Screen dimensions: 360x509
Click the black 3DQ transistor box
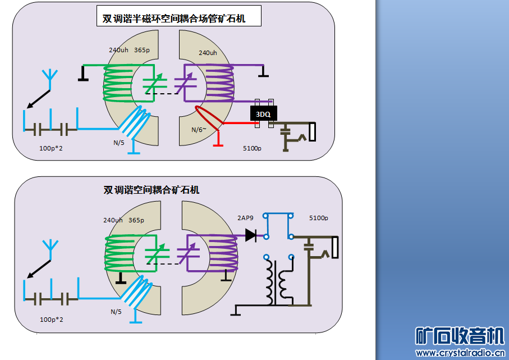263,114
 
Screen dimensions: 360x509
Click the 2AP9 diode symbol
251,235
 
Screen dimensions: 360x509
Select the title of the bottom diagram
152,190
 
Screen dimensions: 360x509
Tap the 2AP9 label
246,218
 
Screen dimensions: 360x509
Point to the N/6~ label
199,130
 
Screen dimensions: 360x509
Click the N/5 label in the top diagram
119,143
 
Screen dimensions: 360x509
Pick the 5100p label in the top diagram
253,148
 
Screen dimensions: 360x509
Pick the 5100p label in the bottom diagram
318,218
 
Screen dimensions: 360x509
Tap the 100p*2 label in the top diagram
52,149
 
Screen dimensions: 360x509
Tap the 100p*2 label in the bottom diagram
52,320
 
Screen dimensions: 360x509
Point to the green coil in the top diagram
120,83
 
